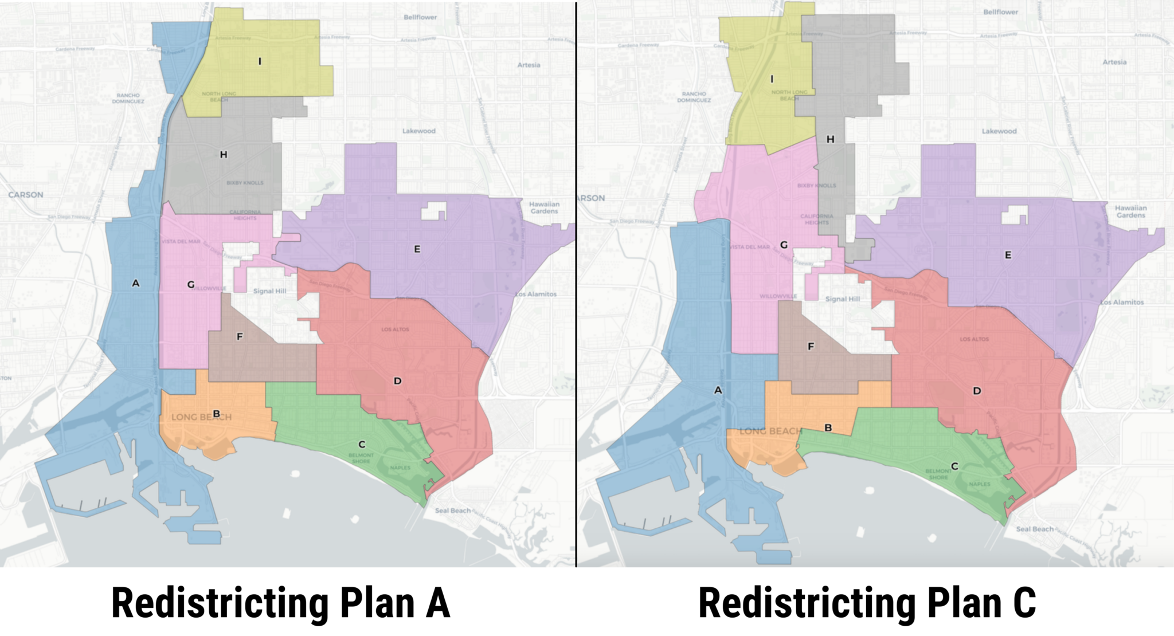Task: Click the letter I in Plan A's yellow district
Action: tap(260, 61)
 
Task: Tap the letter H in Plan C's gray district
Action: tap(830, 139)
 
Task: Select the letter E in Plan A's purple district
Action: tap(417, 249)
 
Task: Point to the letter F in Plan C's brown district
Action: tap(811, 347)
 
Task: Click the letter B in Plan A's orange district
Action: tap(216, 414)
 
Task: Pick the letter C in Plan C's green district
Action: tap(954, 466)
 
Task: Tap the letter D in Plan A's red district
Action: tap(397, 381)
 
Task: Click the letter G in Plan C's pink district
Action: tap(784, 245)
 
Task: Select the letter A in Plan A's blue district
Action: tap(135, 283)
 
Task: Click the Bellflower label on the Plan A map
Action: tap(420, 17)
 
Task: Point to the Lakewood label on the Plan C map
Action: tap(999, 131)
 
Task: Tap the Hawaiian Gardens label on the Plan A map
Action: tap(544, 207)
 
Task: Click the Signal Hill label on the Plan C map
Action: tap(843, 299)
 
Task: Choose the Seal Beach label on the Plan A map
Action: tap(453, 511)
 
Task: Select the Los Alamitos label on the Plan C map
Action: tap(1122, 302)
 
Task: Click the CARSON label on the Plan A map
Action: tap(26, 195)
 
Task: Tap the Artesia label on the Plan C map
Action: tap(1114, 62)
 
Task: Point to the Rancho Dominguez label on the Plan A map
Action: tap(128, 99)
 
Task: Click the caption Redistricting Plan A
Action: tap(281, 603)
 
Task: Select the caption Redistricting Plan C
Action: tap(867, 603)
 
